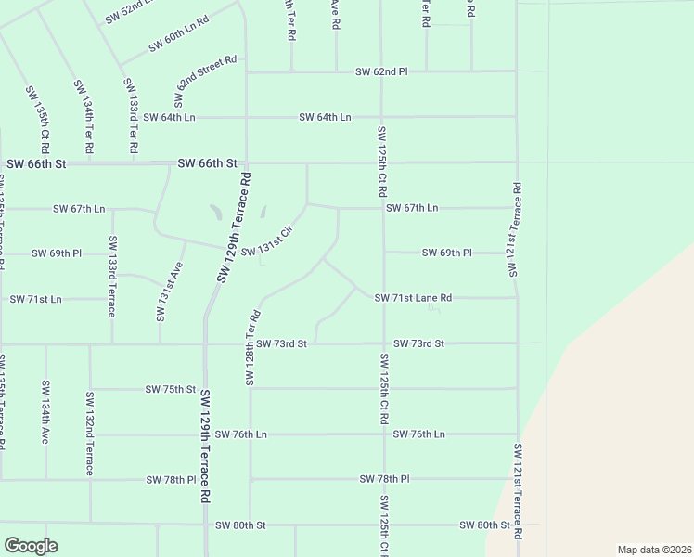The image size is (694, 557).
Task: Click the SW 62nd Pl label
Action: [382, 71]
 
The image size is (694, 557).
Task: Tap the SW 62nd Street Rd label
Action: [204, 80]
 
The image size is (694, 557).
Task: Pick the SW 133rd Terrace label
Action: [111, 277]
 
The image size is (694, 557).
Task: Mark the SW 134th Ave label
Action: [44, 412]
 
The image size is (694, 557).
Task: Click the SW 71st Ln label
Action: [35, 299]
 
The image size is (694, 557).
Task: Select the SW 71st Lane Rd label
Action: [413, 298]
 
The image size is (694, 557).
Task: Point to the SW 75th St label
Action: [171, 389]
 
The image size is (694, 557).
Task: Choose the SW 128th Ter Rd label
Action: [251, 349]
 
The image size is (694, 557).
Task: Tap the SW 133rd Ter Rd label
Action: [132, 117]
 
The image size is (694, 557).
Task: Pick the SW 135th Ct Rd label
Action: [38, 120]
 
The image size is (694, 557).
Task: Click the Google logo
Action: [31, 545]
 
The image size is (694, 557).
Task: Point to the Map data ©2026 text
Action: [654, 550]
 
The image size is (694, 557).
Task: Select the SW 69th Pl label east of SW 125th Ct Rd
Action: [447, 253]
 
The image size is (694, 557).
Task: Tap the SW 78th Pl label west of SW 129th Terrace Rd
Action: [171, 480]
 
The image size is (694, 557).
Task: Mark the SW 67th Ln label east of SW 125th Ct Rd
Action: [412, 208]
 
